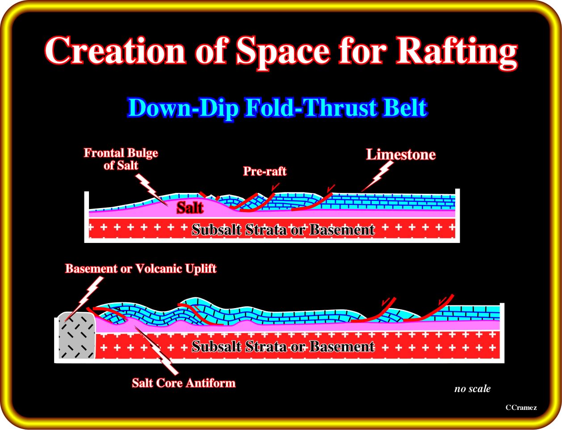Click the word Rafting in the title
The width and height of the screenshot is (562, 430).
click(x=457, y=52)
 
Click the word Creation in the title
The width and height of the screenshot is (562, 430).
click(x=115, y=50)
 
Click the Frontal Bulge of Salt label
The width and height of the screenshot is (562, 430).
click(x=121, y=159)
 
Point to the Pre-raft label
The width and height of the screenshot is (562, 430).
click(x=265, y=171)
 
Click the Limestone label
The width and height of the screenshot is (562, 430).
click(x=401, y=154)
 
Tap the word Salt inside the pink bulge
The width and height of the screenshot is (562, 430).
click(x=190, y=208)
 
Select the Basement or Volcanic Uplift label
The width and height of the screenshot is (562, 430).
click(x=141, y=268)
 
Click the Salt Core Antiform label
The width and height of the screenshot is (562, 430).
click(x=184, y=383)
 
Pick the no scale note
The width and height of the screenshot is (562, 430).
click(x=472, y=388)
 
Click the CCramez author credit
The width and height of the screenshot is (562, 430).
click(x=521, y=408)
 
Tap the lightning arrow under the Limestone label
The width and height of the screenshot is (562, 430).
click(x=377, y=176)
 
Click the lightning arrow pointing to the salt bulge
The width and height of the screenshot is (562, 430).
click(x=152, y=189)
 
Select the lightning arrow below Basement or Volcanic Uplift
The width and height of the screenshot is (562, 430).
click(x=84, y=299)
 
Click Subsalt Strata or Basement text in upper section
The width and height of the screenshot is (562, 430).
click(x=283, y=230)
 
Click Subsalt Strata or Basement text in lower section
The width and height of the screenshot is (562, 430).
click(x=283, y=347)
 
